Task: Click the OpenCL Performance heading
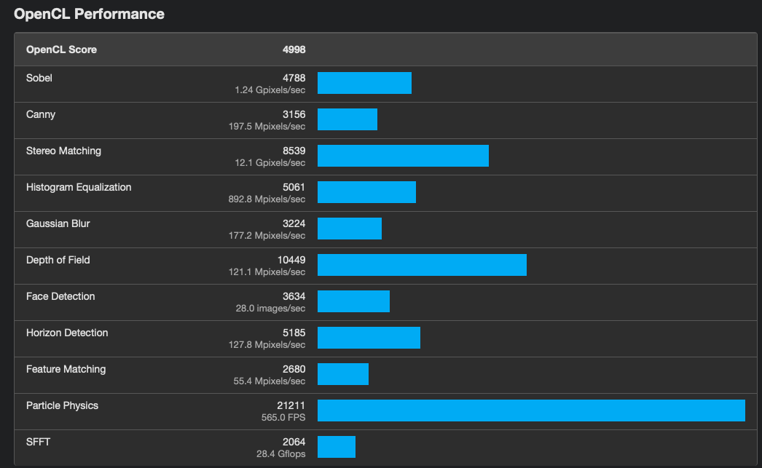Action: (x=89, y=14)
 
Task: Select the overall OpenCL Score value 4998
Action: (x=294, y=49)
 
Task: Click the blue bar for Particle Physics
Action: (x=531, y=411)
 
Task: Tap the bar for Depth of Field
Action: (x=422, y=265)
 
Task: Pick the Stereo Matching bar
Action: (x=403, y=156)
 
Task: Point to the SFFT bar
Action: (x=337, y=447)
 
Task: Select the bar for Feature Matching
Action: (x=343, y=374)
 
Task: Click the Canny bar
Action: (x=347, y=119)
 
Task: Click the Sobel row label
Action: (x=39, y=78)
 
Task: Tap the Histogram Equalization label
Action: (x=79, y=187)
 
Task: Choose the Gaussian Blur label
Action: (x=58, y=223)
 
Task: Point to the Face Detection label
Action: (x=60, y=296)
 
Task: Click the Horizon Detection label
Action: (x=67, y=333)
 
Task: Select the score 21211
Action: (x=291, y=405)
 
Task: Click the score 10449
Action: (x=291, y=260)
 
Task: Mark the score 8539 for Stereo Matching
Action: (x=294, y=151)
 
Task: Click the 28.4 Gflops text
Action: (x=281, y=454)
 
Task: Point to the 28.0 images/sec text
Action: (x=270, y=309)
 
